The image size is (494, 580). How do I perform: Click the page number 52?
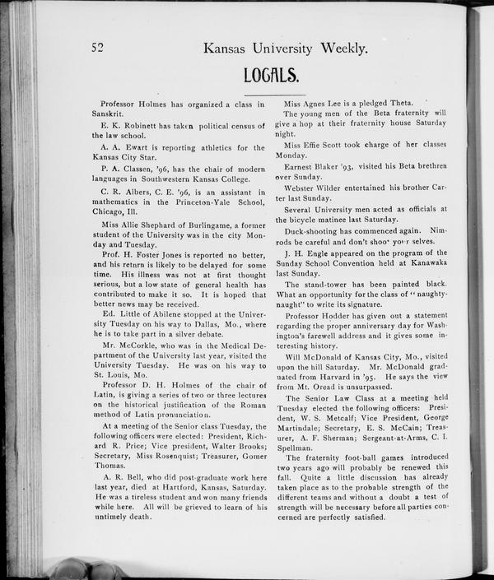(x=99, y=47)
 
